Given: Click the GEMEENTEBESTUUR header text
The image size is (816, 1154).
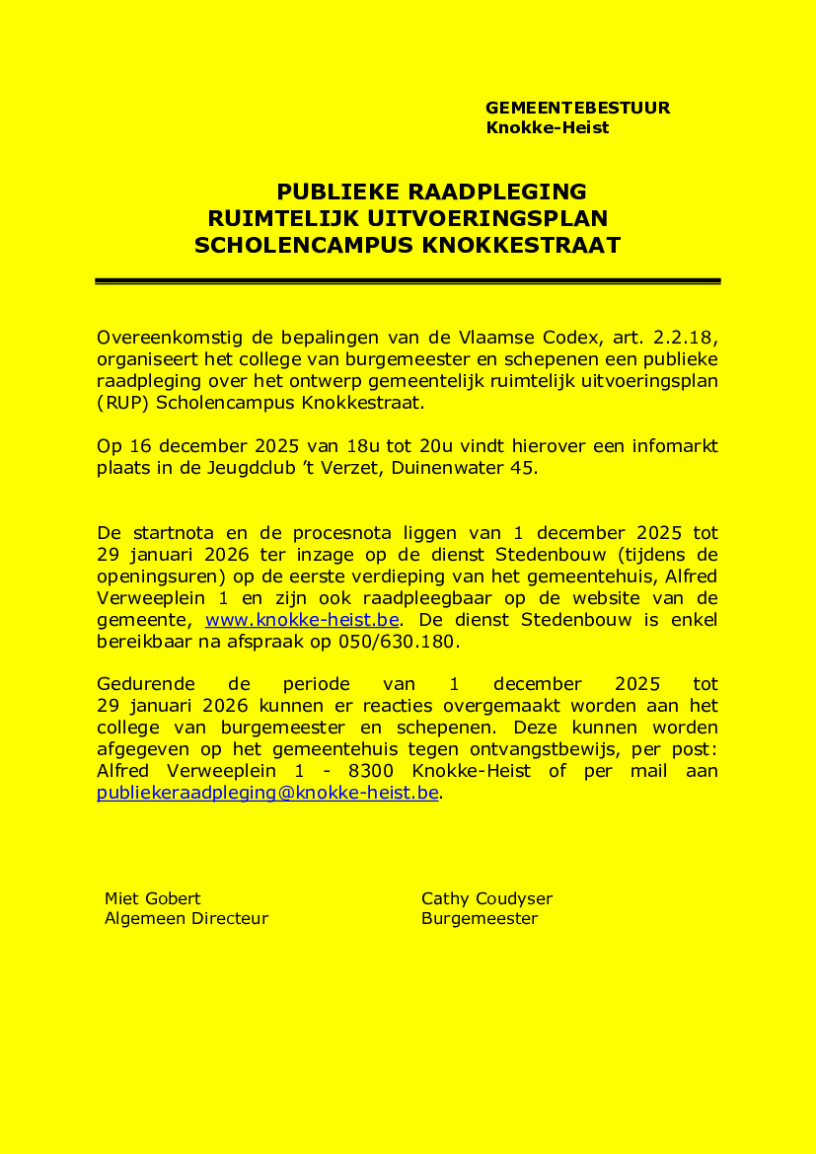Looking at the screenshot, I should pos(577,109).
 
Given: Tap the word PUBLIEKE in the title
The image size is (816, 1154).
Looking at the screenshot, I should pos(334,192).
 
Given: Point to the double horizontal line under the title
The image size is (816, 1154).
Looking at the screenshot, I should pos(408,281).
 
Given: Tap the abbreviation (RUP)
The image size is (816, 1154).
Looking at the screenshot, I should pos(123,402).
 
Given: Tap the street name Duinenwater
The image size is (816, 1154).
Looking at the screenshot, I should pos(451,468).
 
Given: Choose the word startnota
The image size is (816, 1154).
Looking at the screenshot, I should pos(172,533).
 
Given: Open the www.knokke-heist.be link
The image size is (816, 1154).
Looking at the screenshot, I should pos(302,620).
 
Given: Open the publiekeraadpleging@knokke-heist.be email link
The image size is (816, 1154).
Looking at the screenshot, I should pos(267,793).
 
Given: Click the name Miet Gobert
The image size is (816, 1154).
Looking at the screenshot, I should pos(153,898).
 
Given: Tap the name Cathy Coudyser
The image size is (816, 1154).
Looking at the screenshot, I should pos(486,898).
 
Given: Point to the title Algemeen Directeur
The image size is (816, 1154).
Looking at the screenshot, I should pos(186,919).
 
